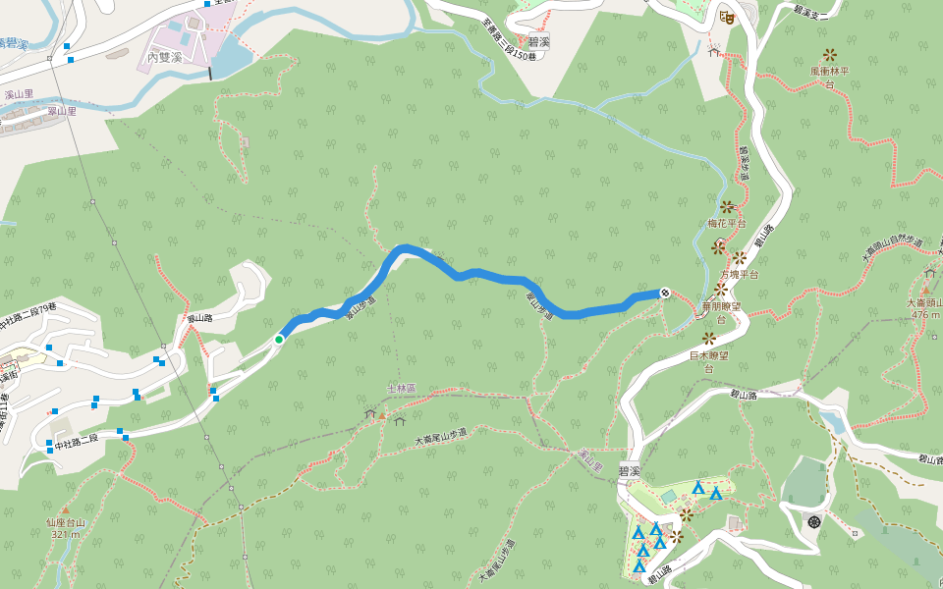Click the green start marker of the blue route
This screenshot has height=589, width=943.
[279, 340]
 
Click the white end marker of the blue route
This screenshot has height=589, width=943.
[665, 292]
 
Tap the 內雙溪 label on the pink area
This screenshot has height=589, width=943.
[164, 58]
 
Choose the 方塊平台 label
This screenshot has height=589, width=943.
[740, 275]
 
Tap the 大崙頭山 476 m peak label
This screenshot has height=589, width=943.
[924, 308]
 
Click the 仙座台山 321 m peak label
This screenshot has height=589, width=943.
[66, 528]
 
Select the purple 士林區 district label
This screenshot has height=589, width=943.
[401, 389]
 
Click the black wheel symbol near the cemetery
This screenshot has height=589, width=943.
[814, 520]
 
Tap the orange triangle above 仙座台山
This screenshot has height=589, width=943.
[66, 510]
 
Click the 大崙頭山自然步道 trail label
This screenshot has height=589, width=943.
[891, 249]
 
